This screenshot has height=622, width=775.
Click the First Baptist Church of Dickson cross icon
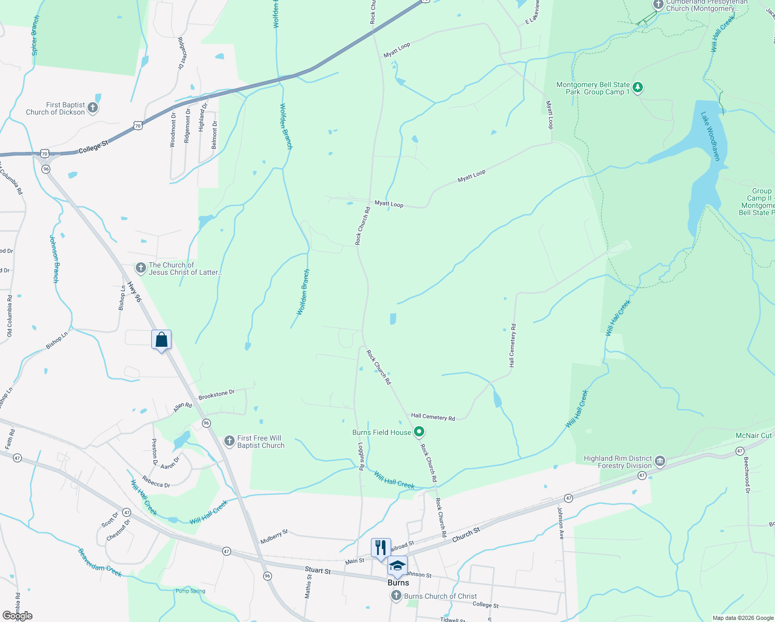point(93,108)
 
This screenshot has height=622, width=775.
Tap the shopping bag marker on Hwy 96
point(161,340)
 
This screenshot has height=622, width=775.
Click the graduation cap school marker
point(397,566)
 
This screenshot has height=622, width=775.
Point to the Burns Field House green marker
point(420,432)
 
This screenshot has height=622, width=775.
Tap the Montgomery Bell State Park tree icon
point(638,88)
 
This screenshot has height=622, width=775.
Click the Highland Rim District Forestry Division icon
point(660,461)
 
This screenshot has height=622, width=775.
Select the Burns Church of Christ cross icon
point(396,596)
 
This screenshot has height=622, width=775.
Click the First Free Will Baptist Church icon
point(229,441)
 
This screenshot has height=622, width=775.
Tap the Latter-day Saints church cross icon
point(140,268)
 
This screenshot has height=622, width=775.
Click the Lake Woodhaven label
point(711,136)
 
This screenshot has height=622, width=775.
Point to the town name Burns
point(398,583)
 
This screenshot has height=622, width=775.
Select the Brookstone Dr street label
point(217,394)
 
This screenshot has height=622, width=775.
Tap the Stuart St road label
point(318,571)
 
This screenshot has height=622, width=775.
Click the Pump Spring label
point(190,591)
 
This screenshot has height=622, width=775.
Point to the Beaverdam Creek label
point(99,562)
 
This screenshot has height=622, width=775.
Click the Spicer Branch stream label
point(35,35)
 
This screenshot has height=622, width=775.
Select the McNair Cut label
point(754,435)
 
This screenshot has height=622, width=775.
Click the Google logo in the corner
point(18,616)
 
